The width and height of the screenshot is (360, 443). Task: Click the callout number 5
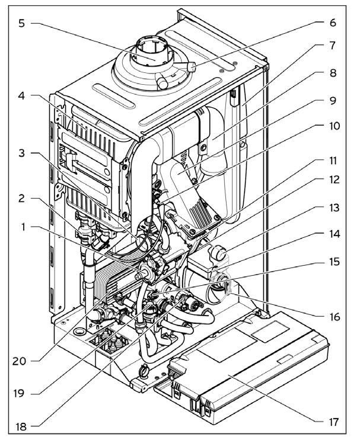[22, 24]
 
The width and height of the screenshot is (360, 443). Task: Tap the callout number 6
[333, 23]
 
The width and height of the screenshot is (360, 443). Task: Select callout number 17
[333, 422]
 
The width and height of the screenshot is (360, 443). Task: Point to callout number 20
[19, 361]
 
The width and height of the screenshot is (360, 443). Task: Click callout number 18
[21, 426]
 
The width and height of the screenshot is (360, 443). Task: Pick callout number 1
[24, 227]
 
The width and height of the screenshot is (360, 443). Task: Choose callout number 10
[334, 126]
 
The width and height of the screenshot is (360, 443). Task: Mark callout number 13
[334, 208]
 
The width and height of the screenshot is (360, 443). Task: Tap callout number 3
[22, 153]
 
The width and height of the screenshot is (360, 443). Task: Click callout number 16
[334, 317]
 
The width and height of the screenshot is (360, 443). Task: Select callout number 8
[333, 73]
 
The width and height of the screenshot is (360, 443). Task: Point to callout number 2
[22, 198]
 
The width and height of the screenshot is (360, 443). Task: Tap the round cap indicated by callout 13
[219, 253]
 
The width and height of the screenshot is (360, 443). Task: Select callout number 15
[334, 262]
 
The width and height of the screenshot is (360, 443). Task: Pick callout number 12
[334, 180]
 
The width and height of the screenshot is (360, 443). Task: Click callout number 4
[22, 96]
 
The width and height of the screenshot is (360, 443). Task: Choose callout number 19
[19, 393]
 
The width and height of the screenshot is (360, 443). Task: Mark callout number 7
[333, 46]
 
